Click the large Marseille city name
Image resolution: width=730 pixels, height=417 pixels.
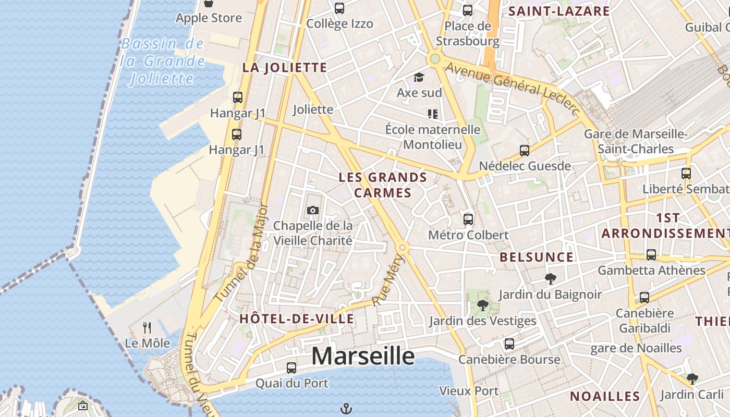(363, 357)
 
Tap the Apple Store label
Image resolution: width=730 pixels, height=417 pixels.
(209, 18)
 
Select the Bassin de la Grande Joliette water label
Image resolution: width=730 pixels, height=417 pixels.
(162, 61)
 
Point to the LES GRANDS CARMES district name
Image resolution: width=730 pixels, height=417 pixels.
(383, 185)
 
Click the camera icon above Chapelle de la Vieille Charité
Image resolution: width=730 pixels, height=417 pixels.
(313, 210)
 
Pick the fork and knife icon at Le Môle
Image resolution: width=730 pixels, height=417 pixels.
(147, 328)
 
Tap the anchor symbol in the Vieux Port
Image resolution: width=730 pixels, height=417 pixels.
(346, 408)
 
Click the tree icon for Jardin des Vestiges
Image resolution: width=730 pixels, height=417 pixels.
(482, 305)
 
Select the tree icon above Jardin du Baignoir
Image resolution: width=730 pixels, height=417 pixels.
(550, 278)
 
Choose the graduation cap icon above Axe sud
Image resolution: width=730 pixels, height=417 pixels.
(419, 78)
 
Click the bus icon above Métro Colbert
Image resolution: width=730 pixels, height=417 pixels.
(468, 219)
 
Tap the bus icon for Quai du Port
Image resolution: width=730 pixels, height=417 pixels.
(291, 367)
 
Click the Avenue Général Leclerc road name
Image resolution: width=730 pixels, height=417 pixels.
(512, 88)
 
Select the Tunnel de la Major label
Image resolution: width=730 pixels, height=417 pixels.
(242, 253)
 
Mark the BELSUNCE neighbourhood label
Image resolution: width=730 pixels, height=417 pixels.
(536, 257)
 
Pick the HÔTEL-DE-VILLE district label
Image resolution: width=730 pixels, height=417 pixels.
(297, 318)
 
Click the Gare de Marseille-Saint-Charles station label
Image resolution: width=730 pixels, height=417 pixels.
(636, 141)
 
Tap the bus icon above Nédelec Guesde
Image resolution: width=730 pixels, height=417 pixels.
(525, 151)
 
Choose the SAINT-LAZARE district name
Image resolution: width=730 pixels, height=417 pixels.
(559, 11)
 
